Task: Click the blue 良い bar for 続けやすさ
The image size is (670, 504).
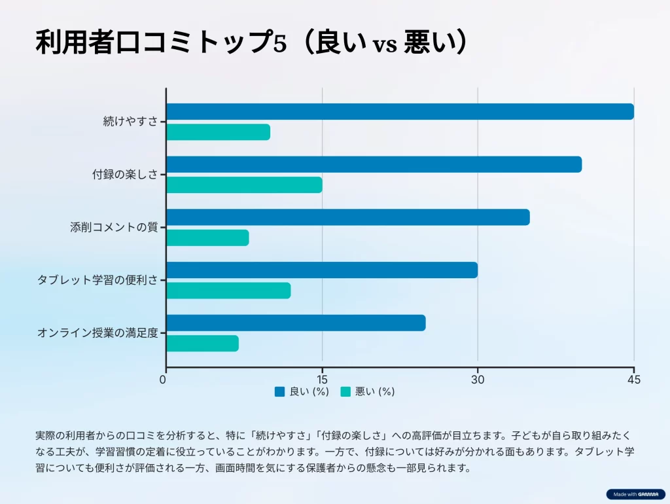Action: point(400,112)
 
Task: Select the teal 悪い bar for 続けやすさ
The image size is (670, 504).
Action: point(218,132)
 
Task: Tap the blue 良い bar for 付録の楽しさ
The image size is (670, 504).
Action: point(374,165)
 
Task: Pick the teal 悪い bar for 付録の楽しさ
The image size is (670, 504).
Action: point(244,185)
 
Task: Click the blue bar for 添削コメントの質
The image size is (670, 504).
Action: point(347,217)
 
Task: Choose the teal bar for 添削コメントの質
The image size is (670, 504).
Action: point(207,238)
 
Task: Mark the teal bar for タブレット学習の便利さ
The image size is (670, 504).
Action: point(228,291)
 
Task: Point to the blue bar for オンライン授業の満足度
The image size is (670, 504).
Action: point(296,323)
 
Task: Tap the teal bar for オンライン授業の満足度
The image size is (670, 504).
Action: point(202,343)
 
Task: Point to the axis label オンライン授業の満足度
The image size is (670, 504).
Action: point(97,333)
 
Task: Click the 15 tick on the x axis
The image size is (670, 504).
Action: point(322,380)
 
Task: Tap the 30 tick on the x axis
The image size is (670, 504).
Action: point(478,380)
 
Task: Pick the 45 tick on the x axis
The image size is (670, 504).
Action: point(633,380)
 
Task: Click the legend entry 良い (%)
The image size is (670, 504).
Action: point(302,392)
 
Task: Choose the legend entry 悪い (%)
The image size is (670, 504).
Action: point(368,392)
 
